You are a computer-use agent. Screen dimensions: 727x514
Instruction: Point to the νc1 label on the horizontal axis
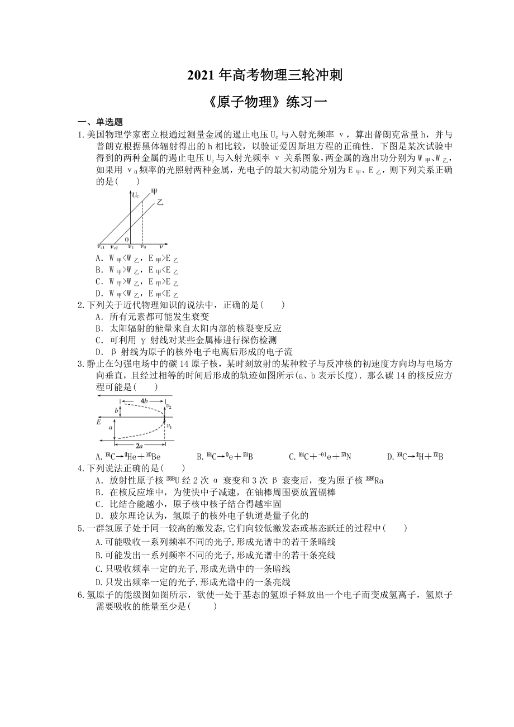pyautogui.click(x=101, y=246)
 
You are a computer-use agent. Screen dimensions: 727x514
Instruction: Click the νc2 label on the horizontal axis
pyautogui.click(x=114, y=246)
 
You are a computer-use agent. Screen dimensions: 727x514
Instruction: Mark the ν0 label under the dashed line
pyautogui.click(x=143, y=246)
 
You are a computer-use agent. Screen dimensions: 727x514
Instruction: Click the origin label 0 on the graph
pyautogui.click(x=126, y=239)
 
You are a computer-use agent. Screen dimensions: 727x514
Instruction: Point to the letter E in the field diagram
pyautogui.click(x=98, y=422)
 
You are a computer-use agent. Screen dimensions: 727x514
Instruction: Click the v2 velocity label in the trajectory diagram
pyautogui.click(x=168, y=406)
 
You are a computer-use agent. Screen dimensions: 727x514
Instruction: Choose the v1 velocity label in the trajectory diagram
pyautogui.click(x=168, y=426)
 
